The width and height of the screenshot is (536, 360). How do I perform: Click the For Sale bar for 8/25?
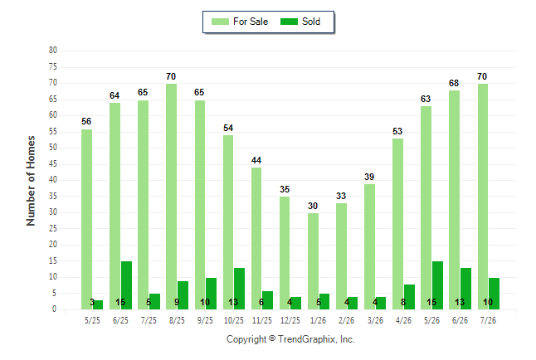(x=171, y=197)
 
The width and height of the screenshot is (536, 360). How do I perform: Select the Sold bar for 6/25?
(x=126, y=285)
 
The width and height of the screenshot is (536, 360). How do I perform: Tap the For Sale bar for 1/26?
(x=313, y=261)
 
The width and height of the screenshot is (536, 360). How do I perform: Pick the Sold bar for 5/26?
(x=437, y=285)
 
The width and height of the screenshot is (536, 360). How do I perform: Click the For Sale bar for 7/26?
(x=483, y=197)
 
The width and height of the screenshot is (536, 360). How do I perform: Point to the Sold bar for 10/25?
(x=239, y=289)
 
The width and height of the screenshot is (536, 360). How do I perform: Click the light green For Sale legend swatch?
(x=220, y=22)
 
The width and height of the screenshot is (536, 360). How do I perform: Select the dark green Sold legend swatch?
(x=289, y=22)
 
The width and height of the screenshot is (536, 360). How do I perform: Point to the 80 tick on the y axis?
(x=53, y=51)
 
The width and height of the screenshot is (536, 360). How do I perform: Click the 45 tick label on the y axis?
(x=53, y=163)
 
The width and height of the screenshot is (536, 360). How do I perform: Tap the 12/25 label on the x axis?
(x=290, y=320)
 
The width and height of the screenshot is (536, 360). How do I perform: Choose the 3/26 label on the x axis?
(x=375, y=320)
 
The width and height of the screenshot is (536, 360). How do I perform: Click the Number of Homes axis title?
(x=31, y=181)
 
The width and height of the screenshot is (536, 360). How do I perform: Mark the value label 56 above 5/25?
(x=86, y=121)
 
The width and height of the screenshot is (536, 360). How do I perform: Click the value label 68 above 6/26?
(x=454, y=83)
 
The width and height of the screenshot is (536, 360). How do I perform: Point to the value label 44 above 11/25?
(x=256, y=160)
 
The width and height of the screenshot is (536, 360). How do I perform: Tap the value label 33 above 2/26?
(x=341, y=196)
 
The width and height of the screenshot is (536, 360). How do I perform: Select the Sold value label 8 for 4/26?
(x=403, y=302)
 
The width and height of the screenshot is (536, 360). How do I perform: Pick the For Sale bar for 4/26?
(x=398, y=224)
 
